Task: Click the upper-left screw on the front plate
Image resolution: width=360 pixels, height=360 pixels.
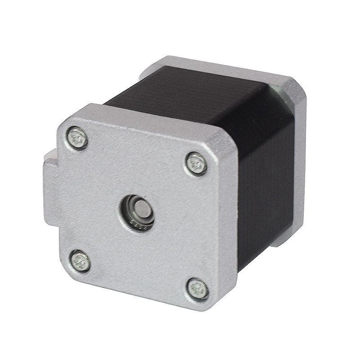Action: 77,137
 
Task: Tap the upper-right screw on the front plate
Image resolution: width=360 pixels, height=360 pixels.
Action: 196,164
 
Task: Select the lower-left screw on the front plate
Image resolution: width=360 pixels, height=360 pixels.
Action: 80,261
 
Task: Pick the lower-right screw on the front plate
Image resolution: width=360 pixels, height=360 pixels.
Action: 198,288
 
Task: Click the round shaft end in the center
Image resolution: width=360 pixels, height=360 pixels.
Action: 142,208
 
